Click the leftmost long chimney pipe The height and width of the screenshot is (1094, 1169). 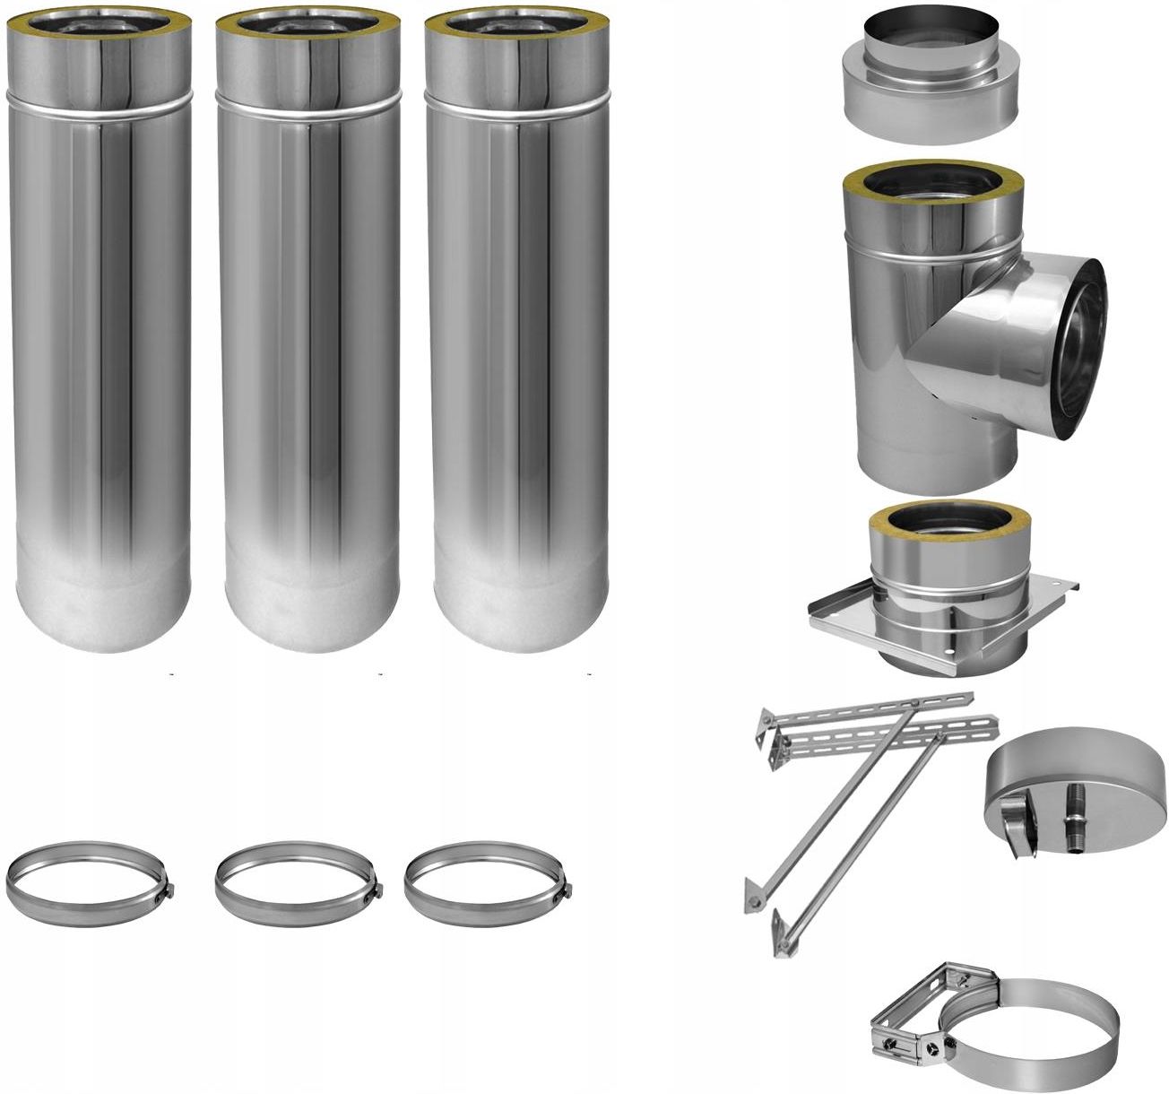coord(99,359)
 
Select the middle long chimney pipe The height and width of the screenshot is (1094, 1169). coord(309,359)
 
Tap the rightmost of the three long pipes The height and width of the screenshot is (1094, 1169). coord(518,359)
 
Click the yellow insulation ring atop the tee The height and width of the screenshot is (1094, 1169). coord(931,183)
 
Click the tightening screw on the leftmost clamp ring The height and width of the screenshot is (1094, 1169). coord(168,890)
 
